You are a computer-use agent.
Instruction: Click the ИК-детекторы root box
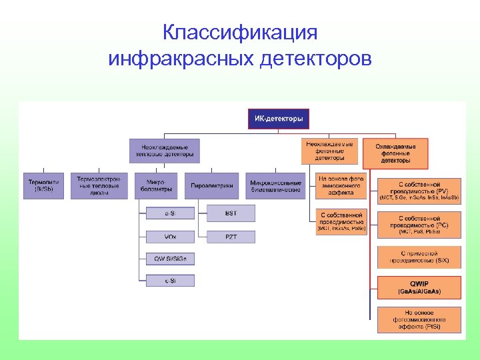tap(279, 119)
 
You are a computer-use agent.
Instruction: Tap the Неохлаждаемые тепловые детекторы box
tap(164, 151)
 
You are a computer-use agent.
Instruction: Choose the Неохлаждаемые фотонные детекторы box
tap(330, 151)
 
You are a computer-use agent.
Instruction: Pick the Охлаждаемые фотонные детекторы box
tap(395, 153)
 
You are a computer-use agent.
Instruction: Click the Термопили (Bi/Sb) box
tap(44, 185)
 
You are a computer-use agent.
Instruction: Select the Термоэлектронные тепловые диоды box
tap(99, 185)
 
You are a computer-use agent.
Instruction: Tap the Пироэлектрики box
tap(212, 185)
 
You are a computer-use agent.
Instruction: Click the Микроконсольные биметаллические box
tap(275, 185)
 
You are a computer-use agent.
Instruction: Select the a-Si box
tap(170, 213)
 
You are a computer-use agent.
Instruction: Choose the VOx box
tap(170, 236)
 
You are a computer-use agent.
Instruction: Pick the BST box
tap(231, 213)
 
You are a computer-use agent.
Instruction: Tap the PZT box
tap(231, 236)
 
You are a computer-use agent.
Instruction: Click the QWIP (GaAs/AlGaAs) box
tap(419, 287)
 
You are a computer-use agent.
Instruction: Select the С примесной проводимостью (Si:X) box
tap(419, 257)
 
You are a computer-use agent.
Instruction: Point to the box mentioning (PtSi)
tap(419, 320)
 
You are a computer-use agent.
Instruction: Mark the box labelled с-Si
tap(170, 281)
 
